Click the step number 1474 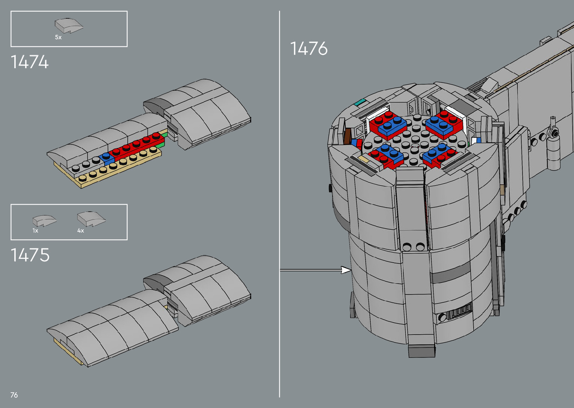(x=30, y=62)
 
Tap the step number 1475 (x=30, y=255)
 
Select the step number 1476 (x=309, y=48)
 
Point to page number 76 (x=14, y=395)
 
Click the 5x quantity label (x=58, y=37)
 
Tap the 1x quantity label (x=35, y=231)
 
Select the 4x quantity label (x=81, y=231)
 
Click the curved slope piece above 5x (x=69, y=25)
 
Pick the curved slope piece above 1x (x=44, y=221)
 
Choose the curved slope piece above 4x (x=91, y=219)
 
